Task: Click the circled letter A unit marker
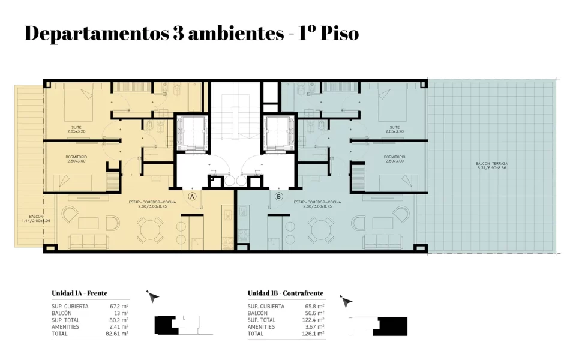click(193, 196)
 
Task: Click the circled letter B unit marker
click(278, 196)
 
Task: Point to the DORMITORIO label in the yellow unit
click(76, 158)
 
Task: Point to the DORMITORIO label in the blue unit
click(394, 158)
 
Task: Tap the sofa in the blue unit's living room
click(384, 241)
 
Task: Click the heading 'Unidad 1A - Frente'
click(79, 293)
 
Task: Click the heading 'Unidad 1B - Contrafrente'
click(285, 293)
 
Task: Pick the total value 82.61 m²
click(116, 333)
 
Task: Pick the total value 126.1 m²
click(313, 334)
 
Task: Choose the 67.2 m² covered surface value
click(118, 306)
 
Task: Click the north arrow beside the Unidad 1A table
click(153, 296)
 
